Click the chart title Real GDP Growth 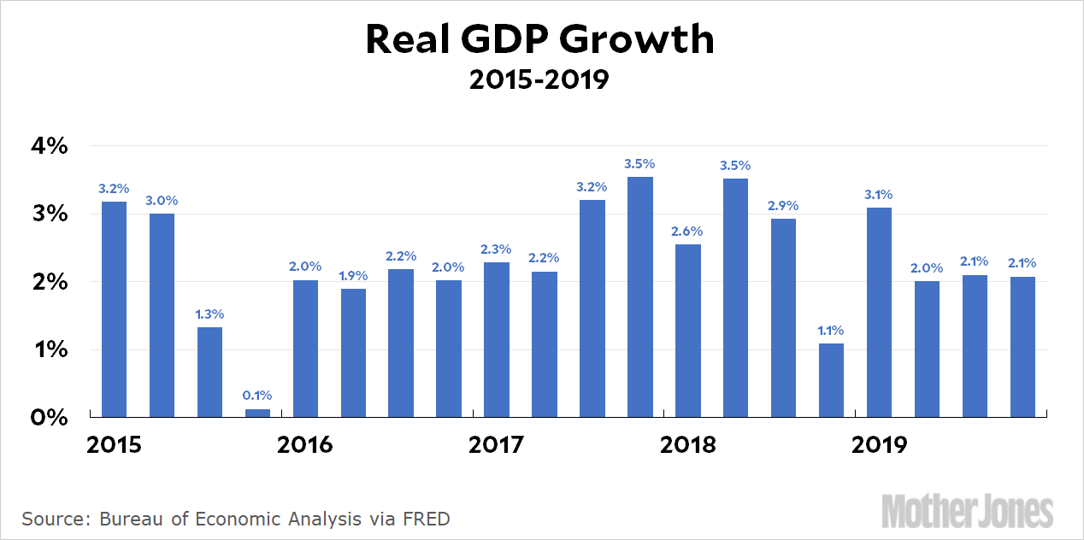(539, 40)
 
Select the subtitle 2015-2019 (539, 80)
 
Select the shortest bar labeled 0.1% (258, 414)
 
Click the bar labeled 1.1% (831, 380)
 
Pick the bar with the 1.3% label (210, 373)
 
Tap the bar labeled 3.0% (162, 315)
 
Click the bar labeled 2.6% (688, 331)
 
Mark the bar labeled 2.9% (783, 318)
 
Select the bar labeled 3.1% (879, 312)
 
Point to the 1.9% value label (353, 275)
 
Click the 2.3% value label (497, 249)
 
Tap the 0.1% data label (257, 395)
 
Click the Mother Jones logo (967, 511)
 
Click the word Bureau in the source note (130, 519)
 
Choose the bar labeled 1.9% (353, 353)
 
